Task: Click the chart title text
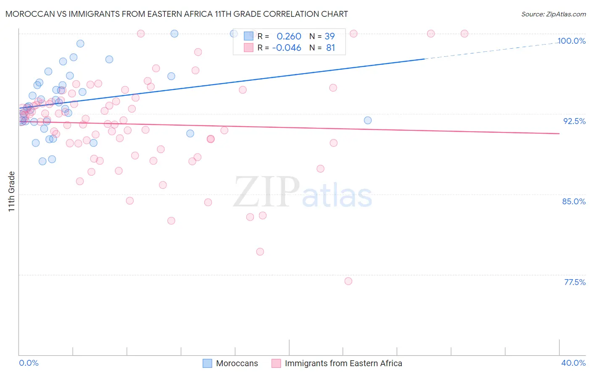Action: tap(177, 14)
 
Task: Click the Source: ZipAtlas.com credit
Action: tap(553, 14)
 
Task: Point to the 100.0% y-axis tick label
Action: tap(571, 41)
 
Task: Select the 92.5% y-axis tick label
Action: tap(574, 121)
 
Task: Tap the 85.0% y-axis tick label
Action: tap(574, 201)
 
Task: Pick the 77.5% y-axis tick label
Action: tap(575, 282)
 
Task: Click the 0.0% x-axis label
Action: tap(29, 363)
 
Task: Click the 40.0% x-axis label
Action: tap(573, 363)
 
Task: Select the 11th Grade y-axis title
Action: tap(12, 191)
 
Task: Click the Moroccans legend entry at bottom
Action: tap(230, 363)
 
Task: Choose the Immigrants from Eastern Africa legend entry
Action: tap(337, 363)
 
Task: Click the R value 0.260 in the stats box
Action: tap(289, 37)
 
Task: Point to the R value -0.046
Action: tap(287, 48)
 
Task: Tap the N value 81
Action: tap(330, 48)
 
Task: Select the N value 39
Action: tap(330, 37)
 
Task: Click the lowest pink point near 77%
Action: tap(348, 281)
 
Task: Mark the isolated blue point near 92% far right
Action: tap(368, 120)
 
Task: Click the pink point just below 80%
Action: tap(260, 252)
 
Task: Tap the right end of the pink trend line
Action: tap(559, 134)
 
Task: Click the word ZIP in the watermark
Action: tap(266, 192)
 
